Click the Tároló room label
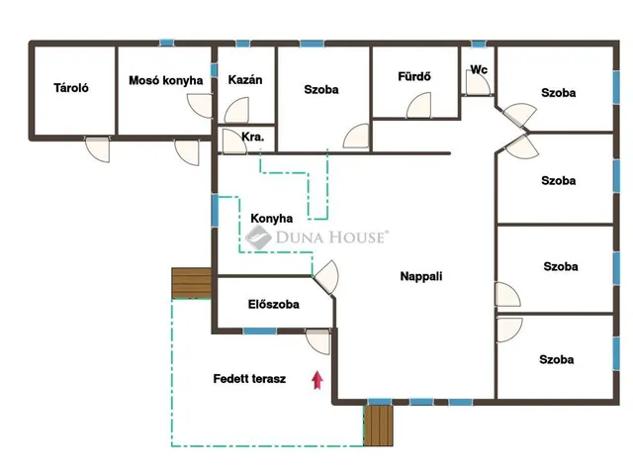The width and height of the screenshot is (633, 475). (x=71, y=88)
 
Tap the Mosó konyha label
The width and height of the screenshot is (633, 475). (x=165, y=80)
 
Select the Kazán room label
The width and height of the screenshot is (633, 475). (x=245, y=79)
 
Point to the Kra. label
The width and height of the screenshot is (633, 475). (x=253, y=137)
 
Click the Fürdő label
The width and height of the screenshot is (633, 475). (x=414, y=76)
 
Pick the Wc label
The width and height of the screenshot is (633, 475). (x=479, y=69)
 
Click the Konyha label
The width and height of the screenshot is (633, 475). (x=272, y=219)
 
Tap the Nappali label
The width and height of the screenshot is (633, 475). (x=421, y=276)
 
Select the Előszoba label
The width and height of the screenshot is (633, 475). (x=274, y=304)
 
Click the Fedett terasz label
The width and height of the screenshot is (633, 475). (x=249, y=379)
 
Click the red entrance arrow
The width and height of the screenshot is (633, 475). (x=317, y=380)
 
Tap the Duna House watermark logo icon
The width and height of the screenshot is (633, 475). (x=258, y=237)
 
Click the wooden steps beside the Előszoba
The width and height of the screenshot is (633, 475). (x=191, y=283)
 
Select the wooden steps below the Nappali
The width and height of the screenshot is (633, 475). (x=378, y=426)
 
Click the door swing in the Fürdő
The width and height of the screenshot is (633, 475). (x=418, y=106)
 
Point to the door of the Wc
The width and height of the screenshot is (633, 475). (x=479, y=85)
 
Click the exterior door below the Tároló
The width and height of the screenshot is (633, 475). (x=97, y=149)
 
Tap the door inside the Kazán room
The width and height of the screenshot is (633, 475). (x=236, y=110)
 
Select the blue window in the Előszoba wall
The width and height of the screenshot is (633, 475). (x=260, y=332)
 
